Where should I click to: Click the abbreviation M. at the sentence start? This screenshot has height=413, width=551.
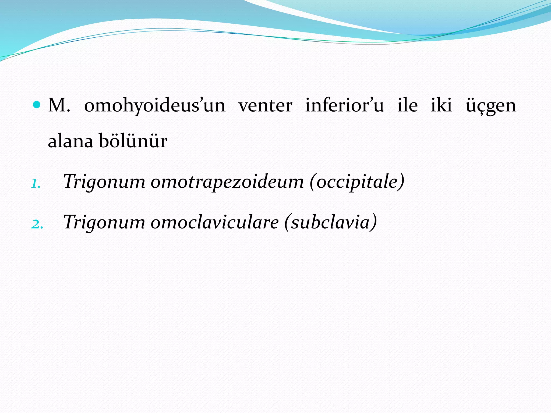59,105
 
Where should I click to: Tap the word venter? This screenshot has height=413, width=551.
265,106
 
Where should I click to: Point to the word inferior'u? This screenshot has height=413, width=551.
344,105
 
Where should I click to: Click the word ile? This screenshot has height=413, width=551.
407,105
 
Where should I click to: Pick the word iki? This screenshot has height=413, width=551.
441,105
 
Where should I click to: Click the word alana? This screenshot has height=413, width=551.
70,141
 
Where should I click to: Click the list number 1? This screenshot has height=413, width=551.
36,184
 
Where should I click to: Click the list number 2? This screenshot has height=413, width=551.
37,224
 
